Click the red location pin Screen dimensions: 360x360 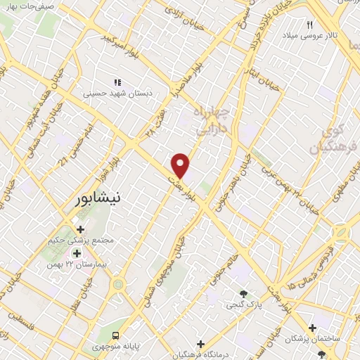tap(181, 165)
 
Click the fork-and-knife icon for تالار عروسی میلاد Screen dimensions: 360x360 tap(309, 25)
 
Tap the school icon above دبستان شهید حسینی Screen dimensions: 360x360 tap(117, 82)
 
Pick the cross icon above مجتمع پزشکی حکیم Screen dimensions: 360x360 tap(79, 229)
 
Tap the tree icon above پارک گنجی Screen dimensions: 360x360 tap(243, 294)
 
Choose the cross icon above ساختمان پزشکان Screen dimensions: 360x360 tap(312, 328)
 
